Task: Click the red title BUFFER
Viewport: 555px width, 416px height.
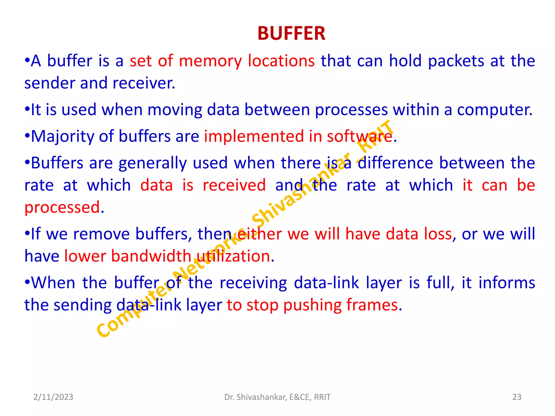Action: (x=291, y=34)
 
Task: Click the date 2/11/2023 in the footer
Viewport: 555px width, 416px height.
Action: (x=53, y=397)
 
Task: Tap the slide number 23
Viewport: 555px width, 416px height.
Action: (x=517, y=397)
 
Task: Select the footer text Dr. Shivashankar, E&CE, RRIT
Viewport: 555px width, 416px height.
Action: (x=277, y=397)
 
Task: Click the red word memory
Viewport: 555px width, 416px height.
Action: (x=210, y=61)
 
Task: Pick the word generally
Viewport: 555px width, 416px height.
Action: (x=153, y=164)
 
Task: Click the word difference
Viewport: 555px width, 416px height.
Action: (x=395, y=163)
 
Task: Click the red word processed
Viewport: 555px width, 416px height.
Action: (x=62, y=208)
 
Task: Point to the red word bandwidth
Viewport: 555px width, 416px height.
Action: (x=151, y=256)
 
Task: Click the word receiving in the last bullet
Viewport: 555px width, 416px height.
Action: (x=253, y=283)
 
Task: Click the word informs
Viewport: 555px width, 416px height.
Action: (x=507, y=283)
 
